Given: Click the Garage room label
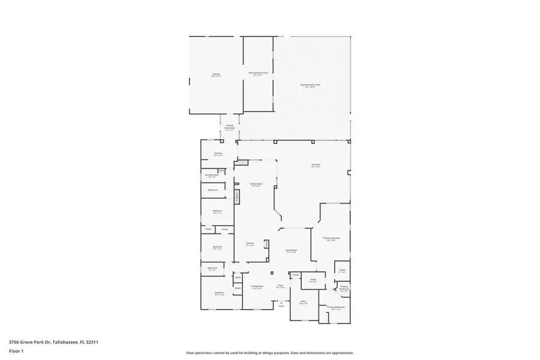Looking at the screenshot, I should (x=216, y=75).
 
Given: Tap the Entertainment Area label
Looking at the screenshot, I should (x=258, y=73).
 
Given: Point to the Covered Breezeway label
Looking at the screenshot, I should (x=230, y=127).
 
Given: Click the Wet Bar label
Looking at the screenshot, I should (x=218, y=154).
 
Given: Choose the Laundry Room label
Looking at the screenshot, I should (x=212, y=175).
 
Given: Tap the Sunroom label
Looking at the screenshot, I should (x=316, y=165).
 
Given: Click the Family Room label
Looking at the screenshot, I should (x=256, y=185).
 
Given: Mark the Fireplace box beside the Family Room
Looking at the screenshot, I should (x=237, y=196).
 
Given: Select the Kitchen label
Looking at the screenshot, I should (x=250, y=244).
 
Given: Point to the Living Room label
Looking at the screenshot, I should (x=291, y=250).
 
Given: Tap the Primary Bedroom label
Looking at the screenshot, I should (x=331, y=239).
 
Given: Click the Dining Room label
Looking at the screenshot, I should (x=257, y=287).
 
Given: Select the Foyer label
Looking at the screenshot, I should (x=280, y=286).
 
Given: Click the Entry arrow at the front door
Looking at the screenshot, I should (x=281, y=304).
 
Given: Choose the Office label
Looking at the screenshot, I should (x=303, y=302).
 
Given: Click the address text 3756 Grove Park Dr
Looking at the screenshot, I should (x=53, y=342).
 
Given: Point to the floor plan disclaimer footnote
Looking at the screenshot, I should (x=269, y=353).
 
